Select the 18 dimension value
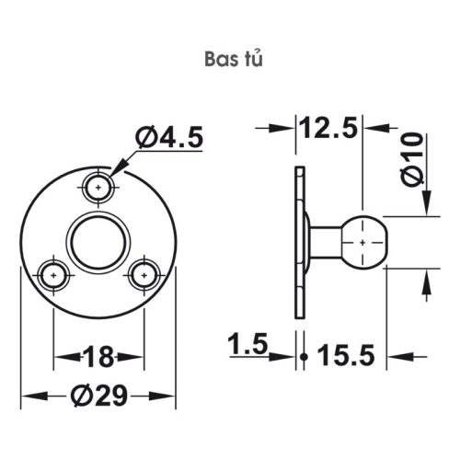[x=98, y=354]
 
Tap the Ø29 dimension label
[x=98, y=397]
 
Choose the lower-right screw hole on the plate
[x=142, y=274]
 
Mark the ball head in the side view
[x=365, y=241]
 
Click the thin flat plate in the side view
[x=299, y=241]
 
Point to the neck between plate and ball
[x=325, y=241]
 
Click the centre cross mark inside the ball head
[x=365, y=241]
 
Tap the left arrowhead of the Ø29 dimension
[x=28, y=397]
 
